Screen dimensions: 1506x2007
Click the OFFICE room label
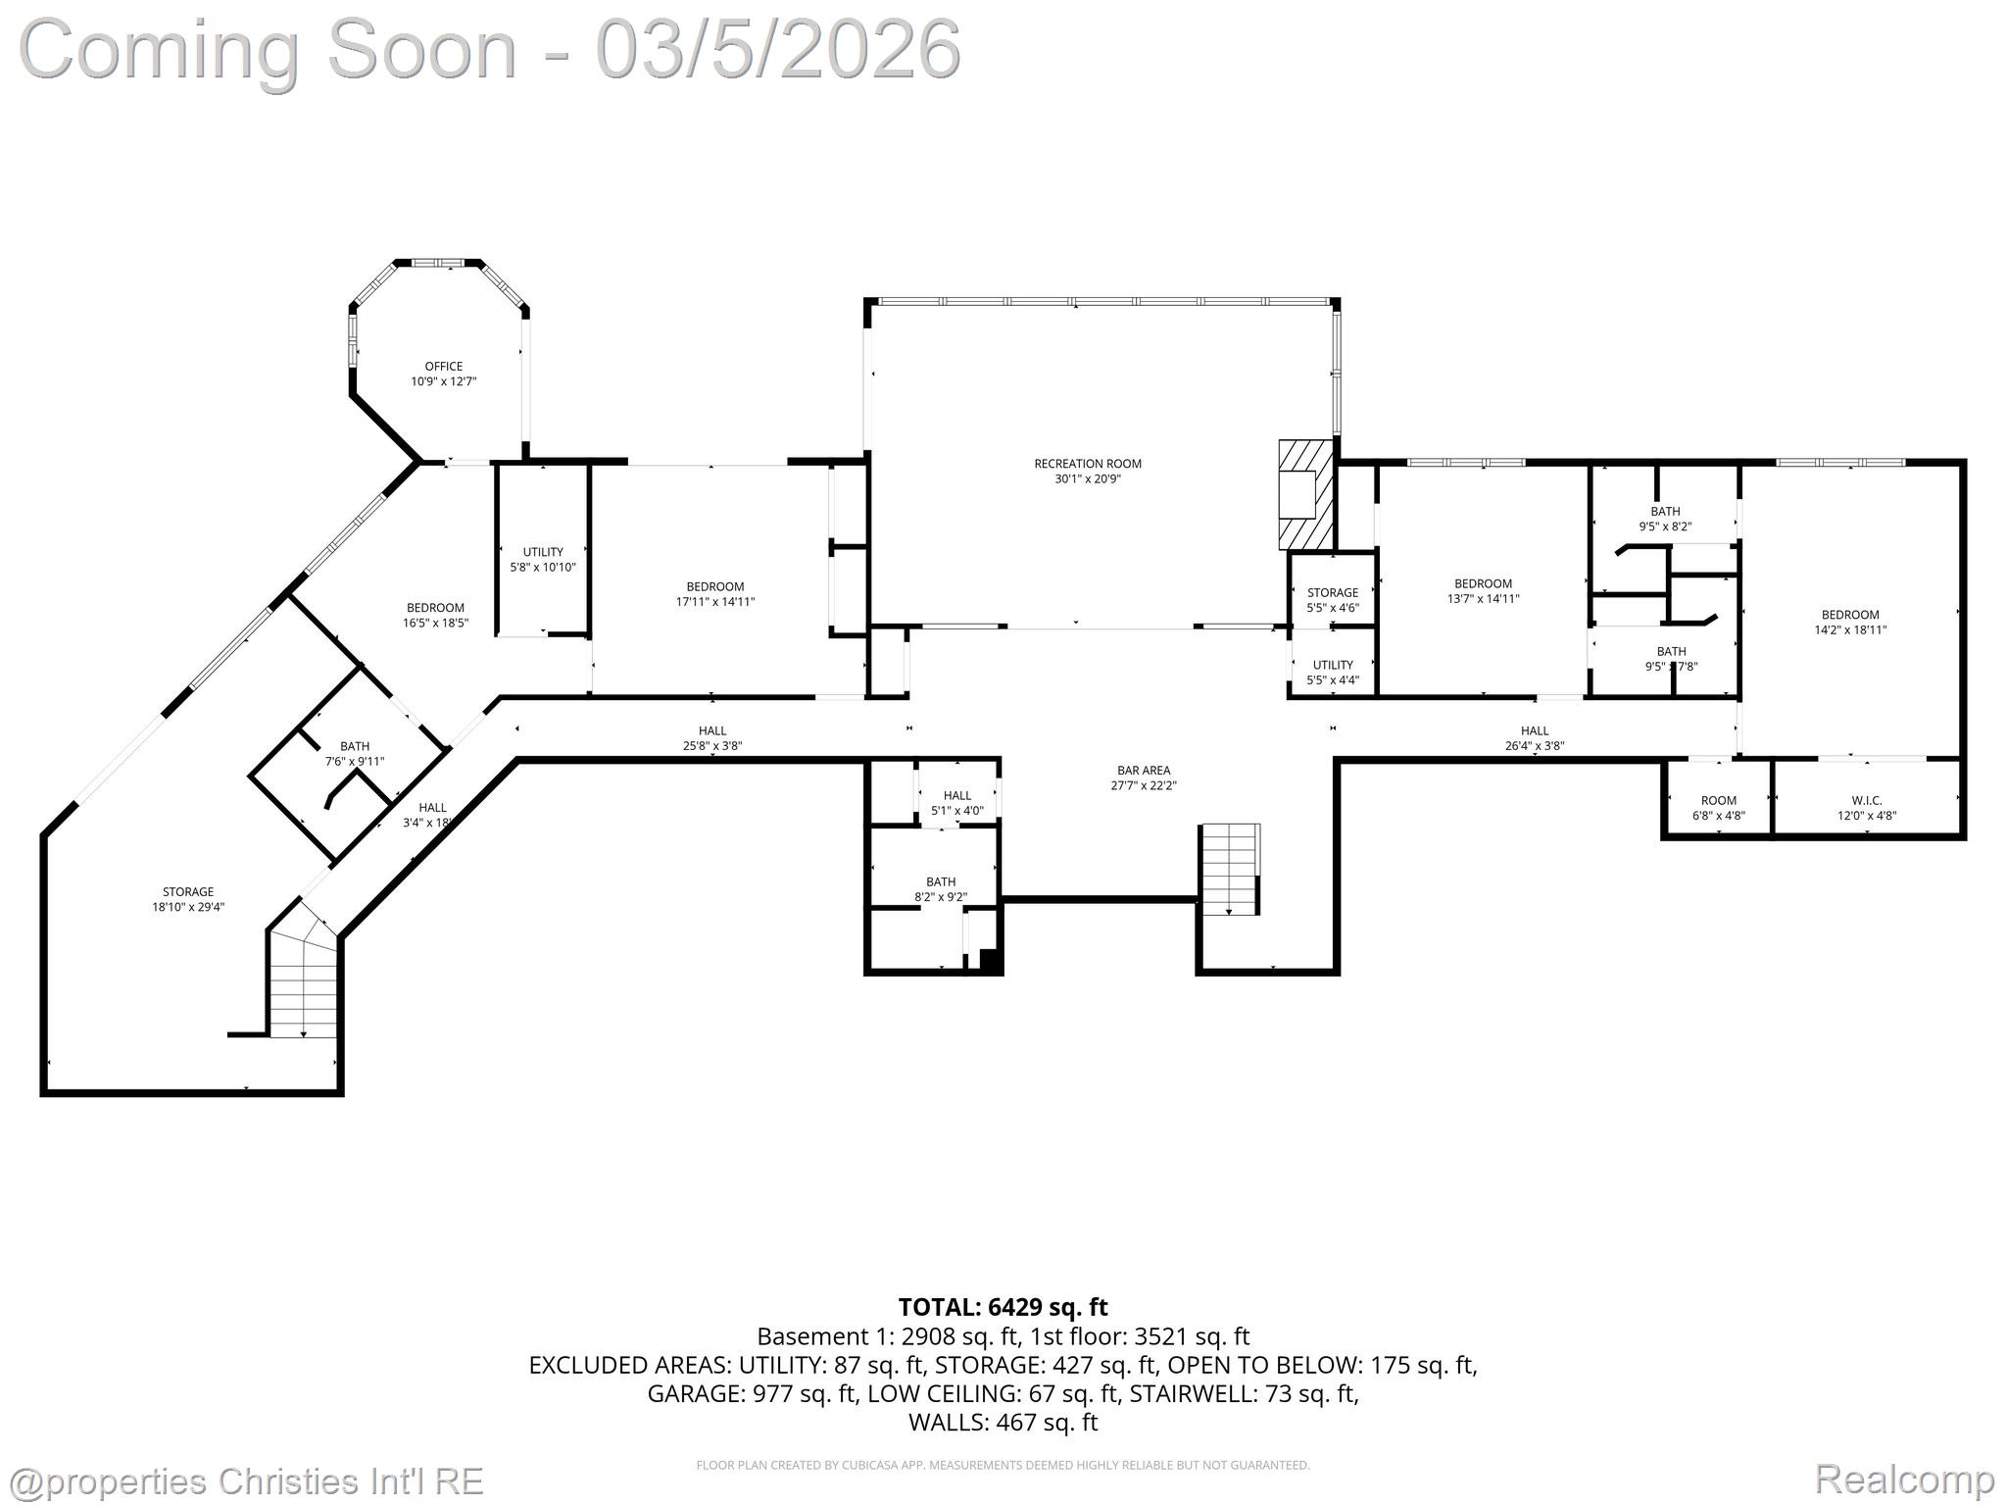coord(443,367)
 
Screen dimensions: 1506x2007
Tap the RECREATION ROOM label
coord(1088,464)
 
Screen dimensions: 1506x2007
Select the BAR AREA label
coord(1144,771)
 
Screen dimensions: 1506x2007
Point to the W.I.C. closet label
coord(1866,800)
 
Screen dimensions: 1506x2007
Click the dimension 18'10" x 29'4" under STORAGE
coord(188,907)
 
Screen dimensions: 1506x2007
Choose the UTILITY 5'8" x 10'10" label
coord(542,559)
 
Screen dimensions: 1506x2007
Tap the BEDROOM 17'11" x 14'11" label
coord(714,594)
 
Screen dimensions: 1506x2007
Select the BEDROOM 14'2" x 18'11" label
coord(1850,623)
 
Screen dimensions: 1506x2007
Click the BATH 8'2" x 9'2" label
coord(940,888)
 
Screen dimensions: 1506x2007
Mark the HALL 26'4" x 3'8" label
coord(1534,737)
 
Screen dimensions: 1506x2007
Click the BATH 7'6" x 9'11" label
coord(355,753)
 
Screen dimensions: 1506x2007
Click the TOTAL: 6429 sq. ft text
coord(1003,1307)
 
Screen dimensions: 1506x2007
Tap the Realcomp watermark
coord(1904,1479)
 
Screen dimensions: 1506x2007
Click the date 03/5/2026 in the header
coord(778,49)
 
